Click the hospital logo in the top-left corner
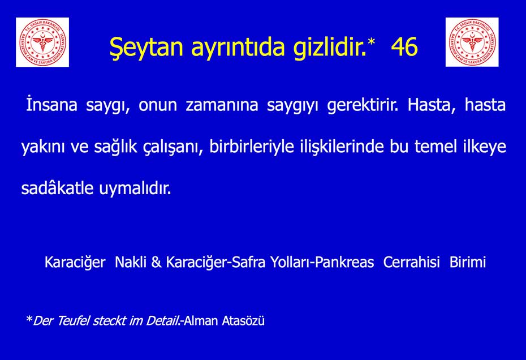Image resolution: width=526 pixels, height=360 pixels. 42,42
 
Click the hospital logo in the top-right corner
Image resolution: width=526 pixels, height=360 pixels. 472,42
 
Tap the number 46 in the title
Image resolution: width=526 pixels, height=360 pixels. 404,46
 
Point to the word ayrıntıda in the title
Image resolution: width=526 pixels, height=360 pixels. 238,48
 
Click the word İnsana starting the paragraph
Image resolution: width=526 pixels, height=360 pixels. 51,104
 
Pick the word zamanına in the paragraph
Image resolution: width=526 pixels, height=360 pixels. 222,105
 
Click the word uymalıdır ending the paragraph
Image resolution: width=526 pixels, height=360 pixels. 135,188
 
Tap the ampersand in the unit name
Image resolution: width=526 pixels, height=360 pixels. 156,262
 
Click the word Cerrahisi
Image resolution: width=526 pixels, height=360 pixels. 411,262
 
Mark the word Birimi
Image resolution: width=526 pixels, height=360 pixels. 468,262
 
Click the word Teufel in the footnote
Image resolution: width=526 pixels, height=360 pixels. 73,321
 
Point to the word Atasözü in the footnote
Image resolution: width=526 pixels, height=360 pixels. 243,321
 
